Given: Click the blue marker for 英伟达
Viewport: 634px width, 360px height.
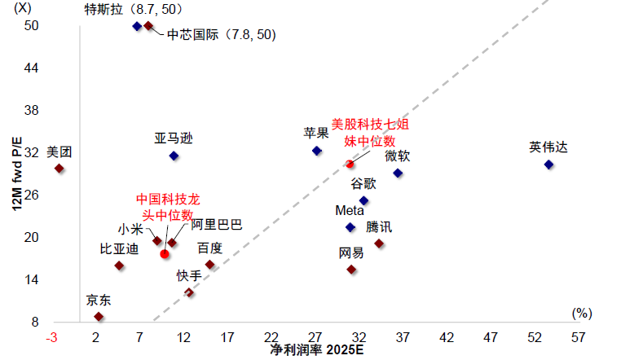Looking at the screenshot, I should [548, 165].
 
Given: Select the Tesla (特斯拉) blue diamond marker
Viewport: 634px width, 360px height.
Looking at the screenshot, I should [137, 26].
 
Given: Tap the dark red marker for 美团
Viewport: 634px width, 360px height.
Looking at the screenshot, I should [59, 169].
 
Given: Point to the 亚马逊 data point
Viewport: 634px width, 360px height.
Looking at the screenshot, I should [174, 156].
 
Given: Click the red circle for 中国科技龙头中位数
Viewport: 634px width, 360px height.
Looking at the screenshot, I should [165, 254].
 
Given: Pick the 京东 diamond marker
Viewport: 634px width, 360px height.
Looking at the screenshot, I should [99, 317].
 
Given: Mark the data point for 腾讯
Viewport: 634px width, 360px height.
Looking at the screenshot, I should [379, 244].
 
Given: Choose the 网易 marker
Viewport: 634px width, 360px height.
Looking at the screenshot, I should [351, 270].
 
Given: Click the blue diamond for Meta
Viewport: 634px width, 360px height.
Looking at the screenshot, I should [350, 227].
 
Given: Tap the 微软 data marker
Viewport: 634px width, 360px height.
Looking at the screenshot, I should [398, 173].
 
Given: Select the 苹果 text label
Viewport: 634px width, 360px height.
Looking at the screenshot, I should [316, 133].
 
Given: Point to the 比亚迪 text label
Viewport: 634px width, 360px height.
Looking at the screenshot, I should [119, 248].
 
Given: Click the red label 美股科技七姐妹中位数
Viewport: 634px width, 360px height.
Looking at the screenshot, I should [369, 133].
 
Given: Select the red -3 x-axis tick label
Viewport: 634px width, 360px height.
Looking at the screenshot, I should [52, 337].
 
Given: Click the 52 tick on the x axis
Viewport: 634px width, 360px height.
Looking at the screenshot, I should [534, 337].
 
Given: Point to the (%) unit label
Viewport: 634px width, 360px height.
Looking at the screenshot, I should [581, 313].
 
